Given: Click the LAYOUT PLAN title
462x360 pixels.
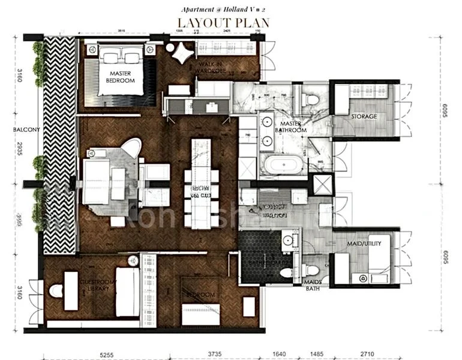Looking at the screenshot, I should (x=222, y=22).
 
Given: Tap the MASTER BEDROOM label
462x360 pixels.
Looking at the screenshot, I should (x=121, y=76).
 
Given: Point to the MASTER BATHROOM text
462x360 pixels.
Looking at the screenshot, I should (x=290, y=125).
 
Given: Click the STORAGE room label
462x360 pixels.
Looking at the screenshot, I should (x=364, y=116).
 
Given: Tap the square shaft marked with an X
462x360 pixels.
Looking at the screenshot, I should (x=323, y=185).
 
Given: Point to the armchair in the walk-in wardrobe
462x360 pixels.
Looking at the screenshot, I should (x=181, y=51).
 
